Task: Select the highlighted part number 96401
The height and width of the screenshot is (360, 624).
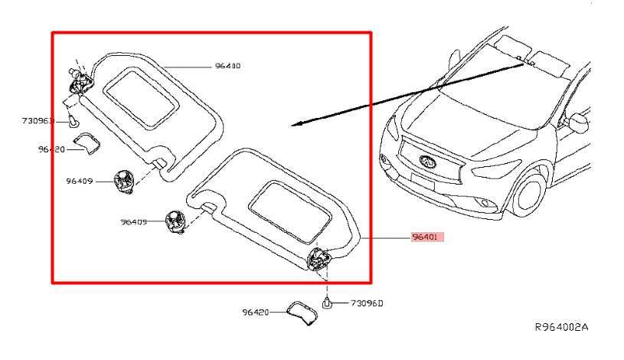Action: pyautogui.click(x=426, y=239)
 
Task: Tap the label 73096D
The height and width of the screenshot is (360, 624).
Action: pyautogui.click(x=368, y=303)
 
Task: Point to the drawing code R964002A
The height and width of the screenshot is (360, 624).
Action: pyautogui.click(x=561, y=327)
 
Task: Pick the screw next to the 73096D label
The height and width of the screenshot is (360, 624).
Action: pyautogui.click(x=327, y=302)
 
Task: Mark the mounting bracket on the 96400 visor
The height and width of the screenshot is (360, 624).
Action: pyautogui.click(x=78, y=77)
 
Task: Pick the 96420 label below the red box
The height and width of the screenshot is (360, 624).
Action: pyautogui.click(x=256, y=313)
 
